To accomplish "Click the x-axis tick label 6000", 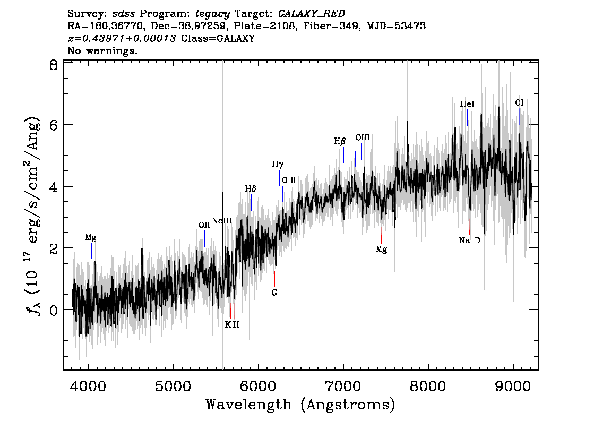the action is point(258,386).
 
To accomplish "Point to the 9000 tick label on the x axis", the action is point(513,386).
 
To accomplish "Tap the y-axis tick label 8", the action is point(54,65).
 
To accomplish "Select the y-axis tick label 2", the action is point(54,248).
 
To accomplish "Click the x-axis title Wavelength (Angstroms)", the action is point(300,405).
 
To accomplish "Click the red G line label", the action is point(274,293).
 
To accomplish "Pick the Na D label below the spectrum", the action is point(469,240).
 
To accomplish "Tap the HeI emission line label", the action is point(467,104).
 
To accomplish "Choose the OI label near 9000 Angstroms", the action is point(519,103).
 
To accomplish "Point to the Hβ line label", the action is point(340,141).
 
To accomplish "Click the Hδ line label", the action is point(251,188).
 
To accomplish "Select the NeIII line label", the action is point(222,221).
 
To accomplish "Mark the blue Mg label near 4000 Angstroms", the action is point(91,238).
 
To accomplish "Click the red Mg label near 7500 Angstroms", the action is point(381,250).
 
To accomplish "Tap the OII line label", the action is point(204,225).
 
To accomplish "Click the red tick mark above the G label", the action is point(274,279).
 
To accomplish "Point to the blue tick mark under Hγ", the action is point(279,178).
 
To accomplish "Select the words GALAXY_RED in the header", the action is point(312,14).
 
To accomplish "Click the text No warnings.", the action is point(102,50).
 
